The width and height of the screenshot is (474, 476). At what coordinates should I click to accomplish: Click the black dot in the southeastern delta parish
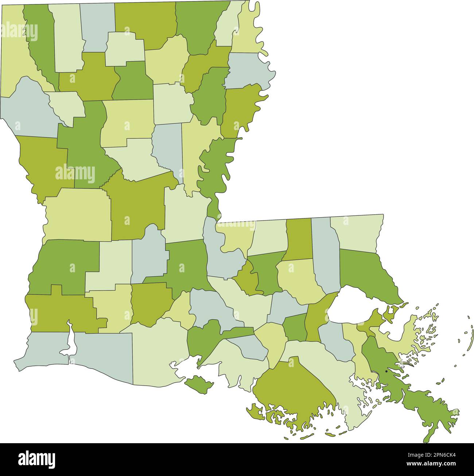tap(386, 371)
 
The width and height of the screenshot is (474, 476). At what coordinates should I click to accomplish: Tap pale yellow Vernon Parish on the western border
tap(77, 215)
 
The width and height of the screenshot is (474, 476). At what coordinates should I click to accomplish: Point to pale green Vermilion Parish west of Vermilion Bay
tap(157, 350)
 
